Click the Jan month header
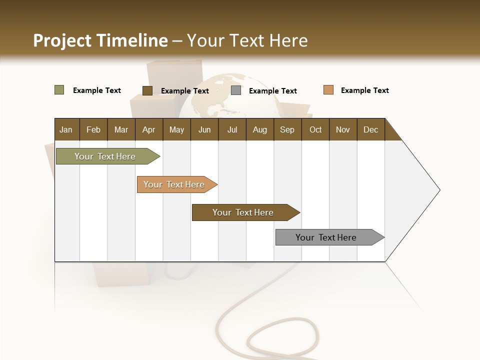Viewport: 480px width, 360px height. (x=66, y=129)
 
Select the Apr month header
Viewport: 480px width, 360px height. (x=148, y=129)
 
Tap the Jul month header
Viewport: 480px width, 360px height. (x=232, y=129)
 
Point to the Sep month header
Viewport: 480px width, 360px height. (x=287, y=129)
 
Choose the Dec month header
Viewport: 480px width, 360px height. (x=370, y=129)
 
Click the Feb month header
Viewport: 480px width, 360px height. (x=93, y=129)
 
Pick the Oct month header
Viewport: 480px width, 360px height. (x=315, y=129)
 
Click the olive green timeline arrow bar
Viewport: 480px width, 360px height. (x=105, y=156)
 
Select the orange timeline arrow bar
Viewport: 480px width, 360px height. (x=174, y=184)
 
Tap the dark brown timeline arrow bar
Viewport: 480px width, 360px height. (x=243, y=212)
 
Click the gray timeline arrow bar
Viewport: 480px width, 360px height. (x=326, y=237)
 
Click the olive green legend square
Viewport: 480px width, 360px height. (x=59, y=90)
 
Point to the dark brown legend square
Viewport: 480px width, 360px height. (x=147, y=90)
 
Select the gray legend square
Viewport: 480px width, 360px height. (x=236, y=90)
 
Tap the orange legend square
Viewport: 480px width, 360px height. (x=328, y=90)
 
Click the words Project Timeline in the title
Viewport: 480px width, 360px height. (x=100, y=40)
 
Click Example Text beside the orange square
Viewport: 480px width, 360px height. (x=364, y=90)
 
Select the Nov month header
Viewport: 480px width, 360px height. (x=342, y=129)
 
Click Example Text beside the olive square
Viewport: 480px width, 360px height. (x=96, y=90)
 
